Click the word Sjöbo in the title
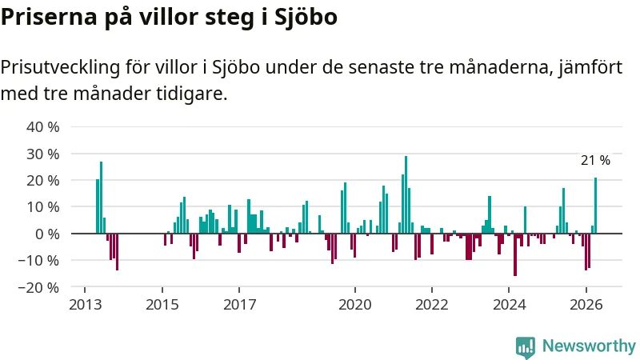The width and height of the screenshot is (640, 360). pyautogui.click(x=306, y=17)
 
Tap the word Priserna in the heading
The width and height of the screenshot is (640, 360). pyautogui.click(x=49, y=17)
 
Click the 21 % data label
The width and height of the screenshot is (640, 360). pyautogui.click(x=595, y=161)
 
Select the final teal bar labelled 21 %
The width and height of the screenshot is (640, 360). pyautogui.click(x=595, y=206)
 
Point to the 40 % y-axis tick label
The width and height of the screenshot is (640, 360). pyautogui.click(x=43, y=127)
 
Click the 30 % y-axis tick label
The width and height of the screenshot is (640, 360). pyautogui.click(x=43, y=154)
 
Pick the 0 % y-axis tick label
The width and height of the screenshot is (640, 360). pyautogui.click(x=47, y=234)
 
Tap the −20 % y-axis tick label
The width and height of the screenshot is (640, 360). pyautogui.click(x=38, y=287)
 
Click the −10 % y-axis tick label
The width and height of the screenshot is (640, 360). pyautogui.click(x=38, y=261)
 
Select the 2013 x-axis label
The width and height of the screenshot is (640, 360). pyautogui.click(x=85, y=305)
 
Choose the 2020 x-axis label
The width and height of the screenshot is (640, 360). pyautogui.click(x=355, y=305)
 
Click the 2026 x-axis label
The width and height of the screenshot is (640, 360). pyautogui.click(x=586, y=305)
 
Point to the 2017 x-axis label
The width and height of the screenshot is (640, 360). pyautogui.click(x=239, y=305)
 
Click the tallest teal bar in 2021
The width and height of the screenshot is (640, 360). pyautogui.click(x=406, y=194)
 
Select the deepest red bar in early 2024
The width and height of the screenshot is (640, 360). pyautogui.click(x=515, y=254)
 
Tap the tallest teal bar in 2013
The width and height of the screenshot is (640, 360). pyautogui.click(x=102, y=198)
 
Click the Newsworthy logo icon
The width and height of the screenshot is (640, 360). pyautogui.click(x=526, y=347)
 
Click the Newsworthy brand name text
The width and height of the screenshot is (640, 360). pyautogui.click(x=589, y=346)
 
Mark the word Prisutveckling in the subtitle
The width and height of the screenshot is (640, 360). pyautogui.click(x=61, y=67)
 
